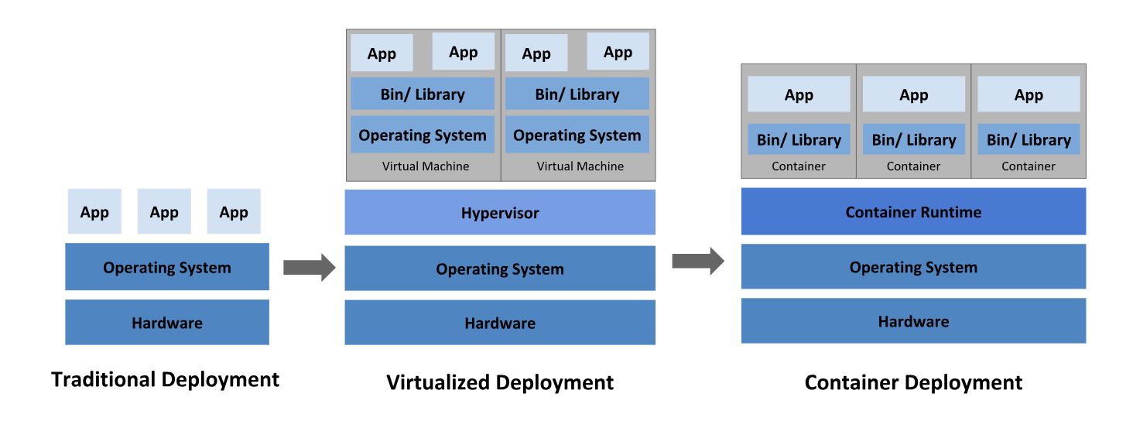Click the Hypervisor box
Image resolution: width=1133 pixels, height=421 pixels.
coord(500,213)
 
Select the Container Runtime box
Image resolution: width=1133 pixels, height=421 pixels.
coord(913,211)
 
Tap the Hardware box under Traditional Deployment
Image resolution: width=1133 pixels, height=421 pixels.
coord(167,322)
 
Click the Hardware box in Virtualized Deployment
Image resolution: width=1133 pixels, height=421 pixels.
coord(500,322)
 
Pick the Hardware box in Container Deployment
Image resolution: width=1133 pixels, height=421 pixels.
coord(913,321)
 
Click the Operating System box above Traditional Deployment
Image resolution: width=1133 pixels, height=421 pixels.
coord(167,267)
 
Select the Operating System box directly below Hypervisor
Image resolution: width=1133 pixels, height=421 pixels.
coord(500,269)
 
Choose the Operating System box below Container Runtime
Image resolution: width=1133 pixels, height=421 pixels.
coord(913,267)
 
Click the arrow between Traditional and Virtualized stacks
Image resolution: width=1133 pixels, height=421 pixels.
coord(309,267)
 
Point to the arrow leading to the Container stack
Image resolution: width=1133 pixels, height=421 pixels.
coord(698,261)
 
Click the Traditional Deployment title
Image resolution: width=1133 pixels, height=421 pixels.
coord(166,379)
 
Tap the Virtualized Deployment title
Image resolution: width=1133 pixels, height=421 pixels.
coord(500,382)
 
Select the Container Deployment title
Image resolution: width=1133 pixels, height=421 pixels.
coord(913,382)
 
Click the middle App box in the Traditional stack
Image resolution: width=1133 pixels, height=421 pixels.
coord(164,211)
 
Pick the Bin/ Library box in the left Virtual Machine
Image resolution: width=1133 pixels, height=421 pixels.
coord(423,94)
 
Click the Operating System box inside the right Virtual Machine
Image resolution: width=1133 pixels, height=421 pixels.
coord(577,135)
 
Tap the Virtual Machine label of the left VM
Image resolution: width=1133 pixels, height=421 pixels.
coord(426,166)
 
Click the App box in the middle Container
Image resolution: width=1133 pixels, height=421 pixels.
coord(913,94)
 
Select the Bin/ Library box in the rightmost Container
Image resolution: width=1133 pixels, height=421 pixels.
coord(1029,139)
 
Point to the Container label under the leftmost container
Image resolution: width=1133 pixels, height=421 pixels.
coord(799,166)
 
